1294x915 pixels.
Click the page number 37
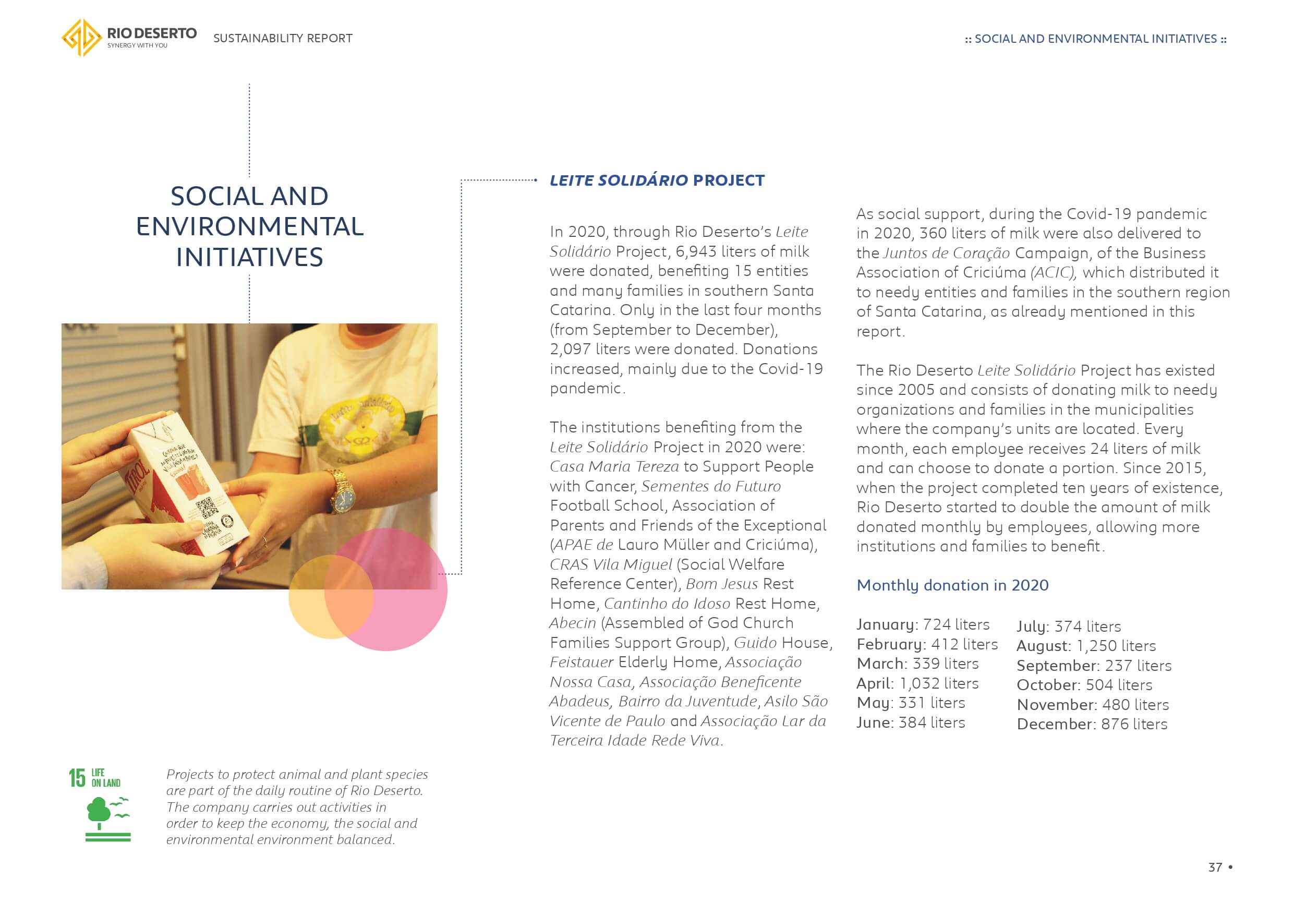tap(1215, 867)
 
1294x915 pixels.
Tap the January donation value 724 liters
tap(956, 624)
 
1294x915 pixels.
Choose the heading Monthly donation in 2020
tap(952, 585)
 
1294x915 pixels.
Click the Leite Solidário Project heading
tap(657, 180)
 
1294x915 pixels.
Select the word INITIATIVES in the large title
tap(250, 257)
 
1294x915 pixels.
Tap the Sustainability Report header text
tap(283, 38)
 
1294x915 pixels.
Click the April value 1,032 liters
tap(939, 683)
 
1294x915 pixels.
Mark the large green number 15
tap(77, 778)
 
